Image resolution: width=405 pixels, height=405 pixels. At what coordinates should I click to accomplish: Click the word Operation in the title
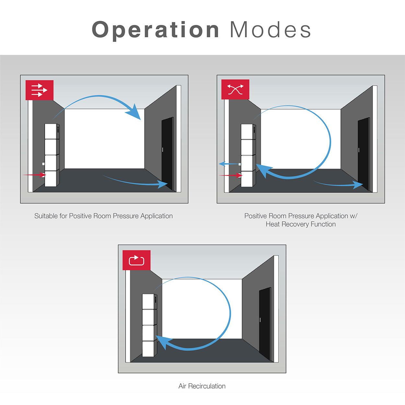pyautogui.click(x=156, y=30)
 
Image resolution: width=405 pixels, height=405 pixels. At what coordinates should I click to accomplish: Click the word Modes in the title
pyautogui.click(x=271, y=29)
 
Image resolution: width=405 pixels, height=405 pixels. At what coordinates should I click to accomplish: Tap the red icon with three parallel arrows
pyautogui.click(x=40, y=90)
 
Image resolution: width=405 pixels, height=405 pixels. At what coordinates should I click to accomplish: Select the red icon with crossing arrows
pyautogui.click(x=236, y=89)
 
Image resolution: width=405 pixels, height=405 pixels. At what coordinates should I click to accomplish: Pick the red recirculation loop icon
pyautogui.click(x=136, y=260)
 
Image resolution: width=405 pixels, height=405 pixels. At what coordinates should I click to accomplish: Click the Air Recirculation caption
pyautogui.click(x=202, y=386)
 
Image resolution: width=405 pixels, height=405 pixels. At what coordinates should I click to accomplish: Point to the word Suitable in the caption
pyautogui.click(x=46, y=216)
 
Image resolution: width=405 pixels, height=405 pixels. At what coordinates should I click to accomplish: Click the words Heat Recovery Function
pyautogui.click(x=301, y=224)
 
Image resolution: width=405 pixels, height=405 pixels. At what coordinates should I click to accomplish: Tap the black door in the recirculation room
pyautogui.click(x=265, y=324)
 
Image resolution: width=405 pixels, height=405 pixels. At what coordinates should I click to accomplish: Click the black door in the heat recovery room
pyautogui.click(x=364, y=154)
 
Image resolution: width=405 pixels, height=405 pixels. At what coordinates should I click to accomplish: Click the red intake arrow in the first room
pyautogui.click(x=34, y=175)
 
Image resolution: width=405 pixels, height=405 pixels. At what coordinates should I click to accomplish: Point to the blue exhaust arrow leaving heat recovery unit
pyautogui.click(x=230, y=164)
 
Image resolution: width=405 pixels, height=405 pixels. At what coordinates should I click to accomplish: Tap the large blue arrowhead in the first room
pyautogui.click(x=134, y=112)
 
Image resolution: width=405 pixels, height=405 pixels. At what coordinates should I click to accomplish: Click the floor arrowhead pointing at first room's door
pyautogui.click(x=163, y=184)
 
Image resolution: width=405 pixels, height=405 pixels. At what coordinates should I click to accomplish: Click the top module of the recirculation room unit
pyautogui.click(x=149, y=301)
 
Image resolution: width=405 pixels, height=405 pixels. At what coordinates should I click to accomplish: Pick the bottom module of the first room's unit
pyautogui.click(x=52, y=178)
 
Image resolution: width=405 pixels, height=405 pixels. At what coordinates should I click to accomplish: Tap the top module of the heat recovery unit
pyautogui.click(x=248, y=132)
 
